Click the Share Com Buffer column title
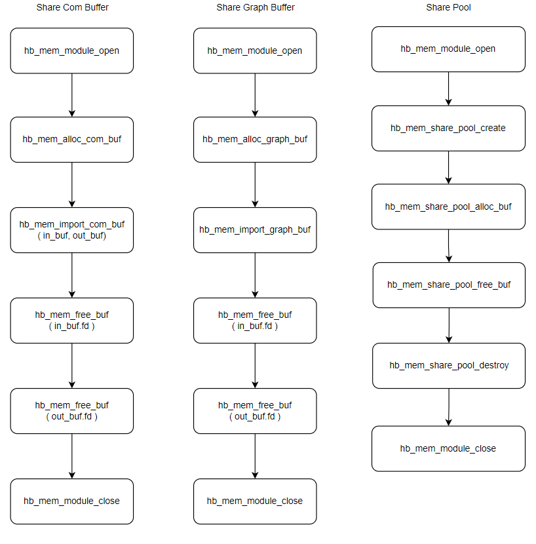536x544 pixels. click(72, 7)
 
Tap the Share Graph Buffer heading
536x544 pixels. click(256, 7)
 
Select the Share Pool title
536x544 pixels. click(448, 7)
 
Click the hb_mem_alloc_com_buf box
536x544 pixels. click(72, 140)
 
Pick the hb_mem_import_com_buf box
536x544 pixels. click(72, 230)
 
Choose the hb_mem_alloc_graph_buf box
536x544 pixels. click(255, 140)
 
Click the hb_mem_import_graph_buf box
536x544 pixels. click(255, 230)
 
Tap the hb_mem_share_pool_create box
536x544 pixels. click(448, 128)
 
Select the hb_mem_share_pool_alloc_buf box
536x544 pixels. click(448, 206)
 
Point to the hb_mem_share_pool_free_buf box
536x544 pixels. click(449, 285)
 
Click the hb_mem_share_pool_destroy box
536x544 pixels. click(449, 366)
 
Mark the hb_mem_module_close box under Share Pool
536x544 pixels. click(448, 448)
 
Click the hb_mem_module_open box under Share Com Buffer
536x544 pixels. click(72, 50)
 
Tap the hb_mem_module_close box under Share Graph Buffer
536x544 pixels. click(255, 501)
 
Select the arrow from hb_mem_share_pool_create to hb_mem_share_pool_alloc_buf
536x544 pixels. click(448, 168)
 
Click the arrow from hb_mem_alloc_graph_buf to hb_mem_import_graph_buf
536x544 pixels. click(255, 185)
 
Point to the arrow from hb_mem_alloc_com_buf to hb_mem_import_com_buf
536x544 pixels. click(72, 185)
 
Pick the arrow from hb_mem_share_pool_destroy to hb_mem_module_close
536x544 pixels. click(449, 407)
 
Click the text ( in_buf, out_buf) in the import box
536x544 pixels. click(72, 236)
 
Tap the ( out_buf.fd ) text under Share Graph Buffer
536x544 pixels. click(255, 417)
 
